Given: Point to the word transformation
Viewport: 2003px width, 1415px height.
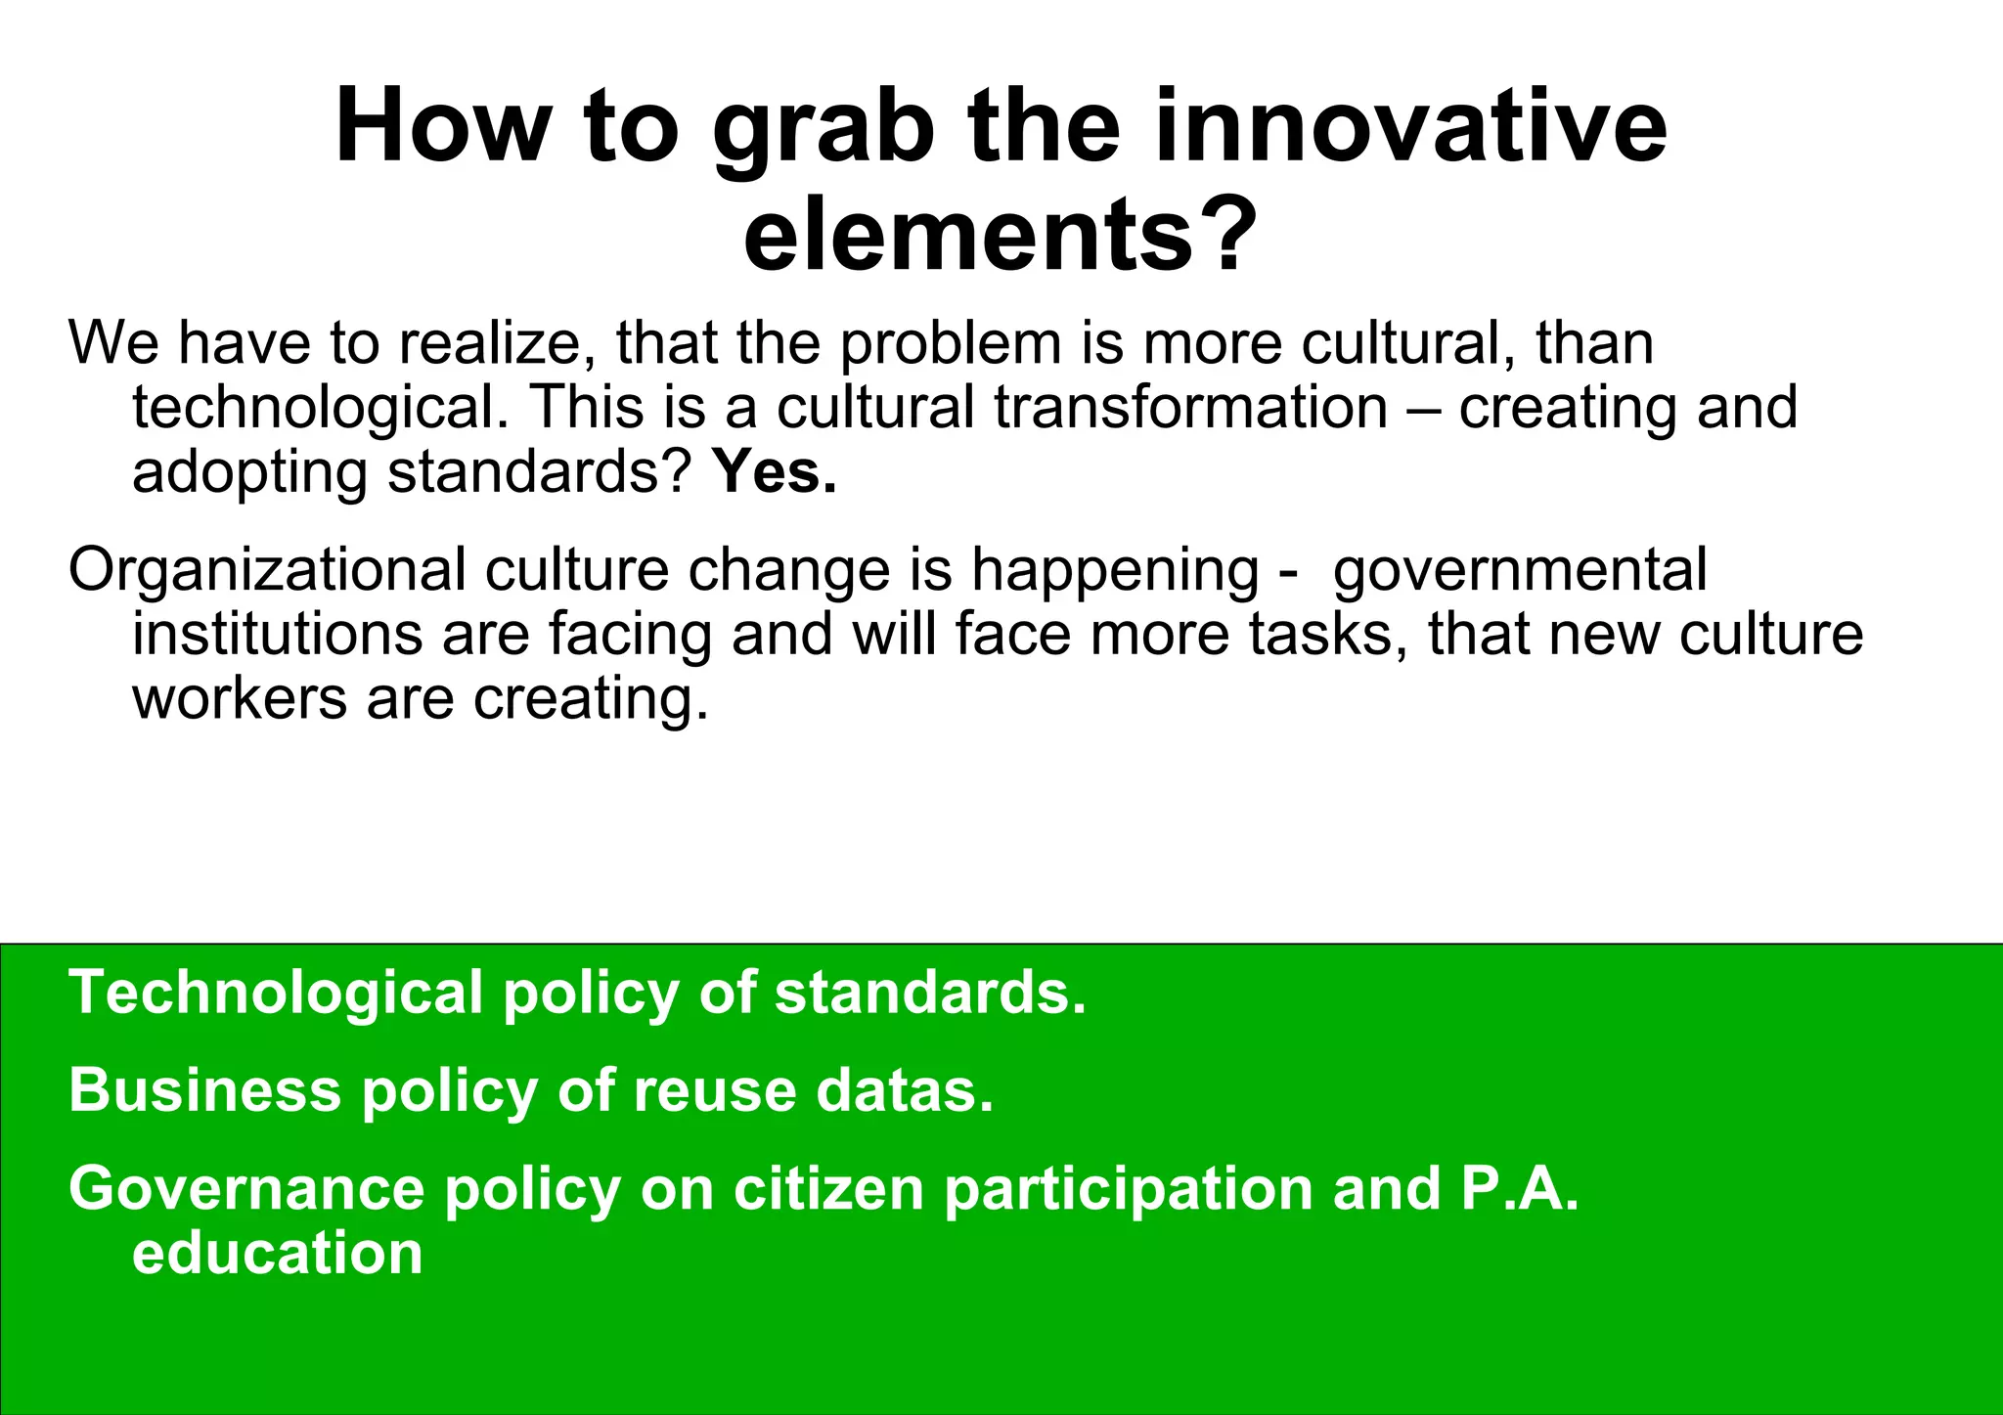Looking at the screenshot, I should (1191, 408).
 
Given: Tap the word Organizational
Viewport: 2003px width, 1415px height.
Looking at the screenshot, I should (267, 571).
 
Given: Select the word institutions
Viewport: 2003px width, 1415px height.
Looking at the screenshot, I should (278, 634).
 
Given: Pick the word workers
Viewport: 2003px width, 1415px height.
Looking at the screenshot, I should (240, 699).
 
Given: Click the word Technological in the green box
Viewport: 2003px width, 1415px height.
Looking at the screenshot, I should (276, 994).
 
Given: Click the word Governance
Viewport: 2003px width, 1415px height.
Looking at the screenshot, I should (246, 1189).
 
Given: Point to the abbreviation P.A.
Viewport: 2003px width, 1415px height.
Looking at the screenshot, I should (1520, 1189).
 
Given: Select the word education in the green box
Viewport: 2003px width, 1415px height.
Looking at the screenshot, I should (278, 1254).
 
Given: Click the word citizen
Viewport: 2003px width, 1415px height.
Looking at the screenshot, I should (828, 1189).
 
